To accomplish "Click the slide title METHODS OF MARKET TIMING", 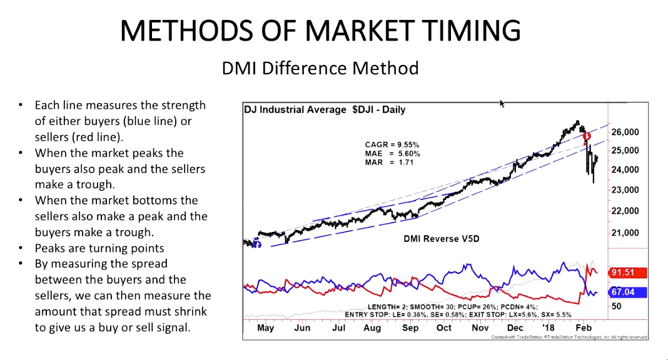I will coord(320,31).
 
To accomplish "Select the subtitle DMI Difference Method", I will coord(320,67).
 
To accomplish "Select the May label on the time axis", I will coord(265,328).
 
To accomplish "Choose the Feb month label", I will coord(584,328).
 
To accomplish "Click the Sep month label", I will coord(410,328).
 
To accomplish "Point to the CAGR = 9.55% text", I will coord(392,145).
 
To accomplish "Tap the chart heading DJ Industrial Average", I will coord(294,110).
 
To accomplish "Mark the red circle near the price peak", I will coord(586,136).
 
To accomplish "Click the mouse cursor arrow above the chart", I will coord(502,103).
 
